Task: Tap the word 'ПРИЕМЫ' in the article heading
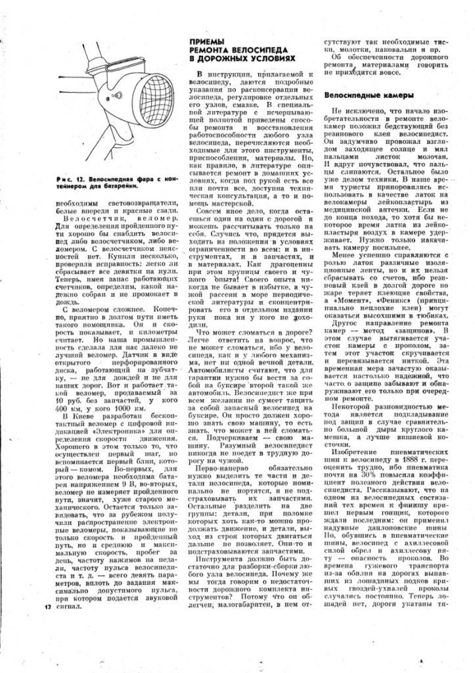[203, 41]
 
